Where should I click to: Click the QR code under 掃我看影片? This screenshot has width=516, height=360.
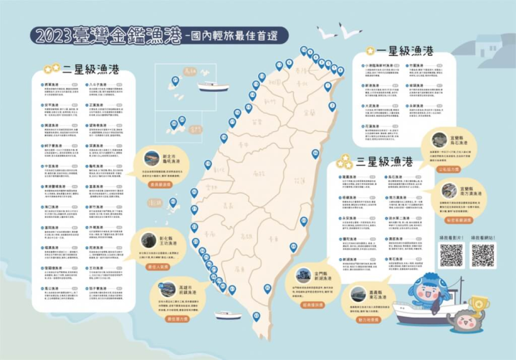[x=451, y=255]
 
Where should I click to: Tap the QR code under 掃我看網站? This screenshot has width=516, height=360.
[x=483, y=255]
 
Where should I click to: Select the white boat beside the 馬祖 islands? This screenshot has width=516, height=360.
[x=213, y=87]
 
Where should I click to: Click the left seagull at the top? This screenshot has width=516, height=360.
[x=327, y=33]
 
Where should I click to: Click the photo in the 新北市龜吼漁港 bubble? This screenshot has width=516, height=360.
[x=151, y=158]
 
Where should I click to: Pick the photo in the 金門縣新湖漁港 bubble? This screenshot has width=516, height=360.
[x=304, y=275]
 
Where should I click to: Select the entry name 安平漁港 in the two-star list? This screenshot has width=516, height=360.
[x=52, y=105]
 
